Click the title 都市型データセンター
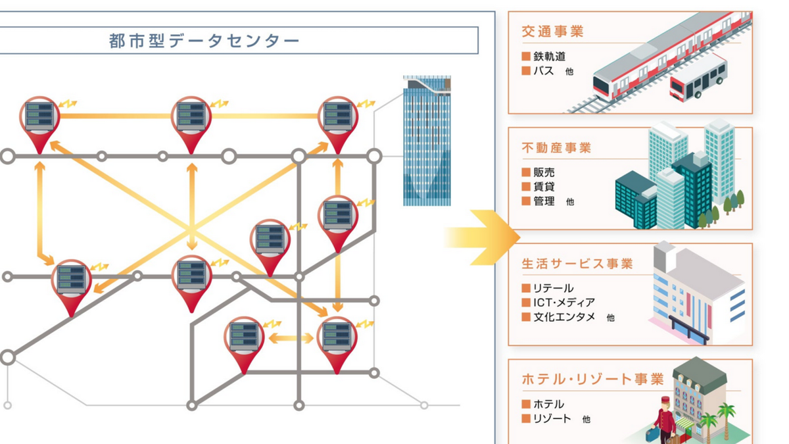204,41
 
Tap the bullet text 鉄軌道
549,57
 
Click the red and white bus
698,78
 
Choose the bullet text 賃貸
544,187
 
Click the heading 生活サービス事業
577,264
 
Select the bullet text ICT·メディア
564,303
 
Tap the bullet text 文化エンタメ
563,317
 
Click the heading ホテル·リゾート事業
592,380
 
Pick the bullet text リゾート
552,418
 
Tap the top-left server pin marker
39,119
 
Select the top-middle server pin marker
191,119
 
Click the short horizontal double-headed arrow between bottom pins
291,338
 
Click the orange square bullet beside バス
526,71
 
